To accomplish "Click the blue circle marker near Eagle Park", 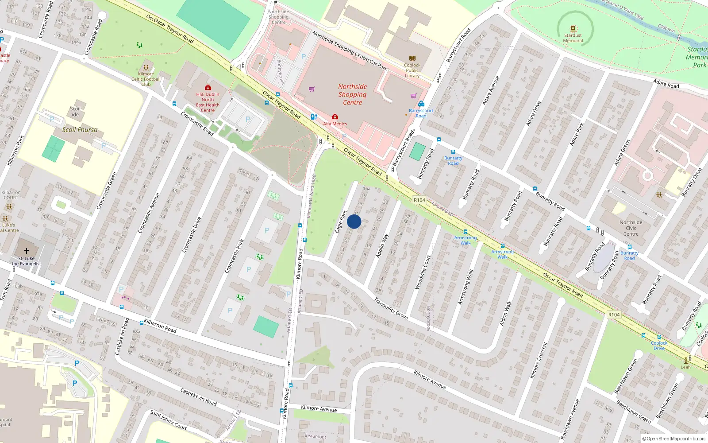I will click(x=354, y=221).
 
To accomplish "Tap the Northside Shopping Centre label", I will click(x=353, y=95).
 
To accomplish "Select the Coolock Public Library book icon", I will click(x=412, y=58).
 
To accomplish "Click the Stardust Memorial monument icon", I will click(x=573, y=29).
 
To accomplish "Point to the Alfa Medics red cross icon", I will click(x=335, y=117).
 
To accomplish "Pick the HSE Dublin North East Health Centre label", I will click(x=208, y=102).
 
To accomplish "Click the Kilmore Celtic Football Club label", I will click(x=146, y=79).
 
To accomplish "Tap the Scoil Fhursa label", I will click(x=80, y=130).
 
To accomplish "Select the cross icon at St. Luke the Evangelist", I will click(x=27, y=251).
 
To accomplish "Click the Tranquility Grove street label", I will click(x=391, y=308).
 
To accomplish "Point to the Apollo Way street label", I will click(x=382, y=245).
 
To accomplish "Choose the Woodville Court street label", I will click(x=423, y=272).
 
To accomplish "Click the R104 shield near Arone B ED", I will click(x=419, y=200).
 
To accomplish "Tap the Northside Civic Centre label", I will click(x=631, y=228).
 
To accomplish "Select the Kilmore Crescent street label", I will click(x=539, y=360).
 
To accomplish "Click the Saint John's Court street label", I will click(x=168, y=420).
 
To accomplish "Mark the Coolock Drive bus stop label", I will click(x=659, y=346).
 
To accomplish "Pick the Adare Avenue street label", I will click(x=491, y=90).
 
